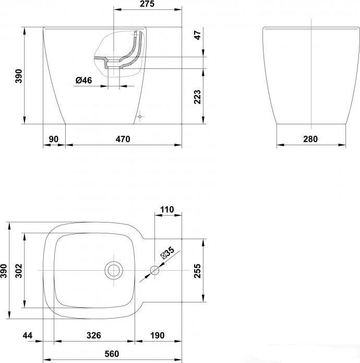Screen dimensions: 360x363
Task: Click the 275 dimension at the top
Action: point(147,4)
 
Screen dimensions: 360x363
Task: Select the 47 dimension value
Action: point(198,35)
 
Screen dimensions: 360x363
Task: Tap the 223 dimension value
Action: point(197,97)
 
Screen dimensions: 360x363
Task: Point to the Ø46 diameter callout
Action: point(83,80)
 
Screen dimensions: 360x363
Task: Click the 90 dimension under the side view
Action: point(54,139)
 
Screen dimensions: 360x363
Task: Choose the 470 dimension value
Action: point(123,139)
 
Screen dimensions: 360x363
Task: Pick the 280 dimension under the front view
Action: point(310,139)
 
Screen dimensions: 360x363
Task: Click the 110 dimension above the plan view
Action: point(167,209)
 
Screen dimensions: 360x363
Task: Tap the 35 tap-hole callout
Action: point(167,253)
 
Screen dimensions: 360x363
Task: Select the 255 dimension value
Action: point(197,271)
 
